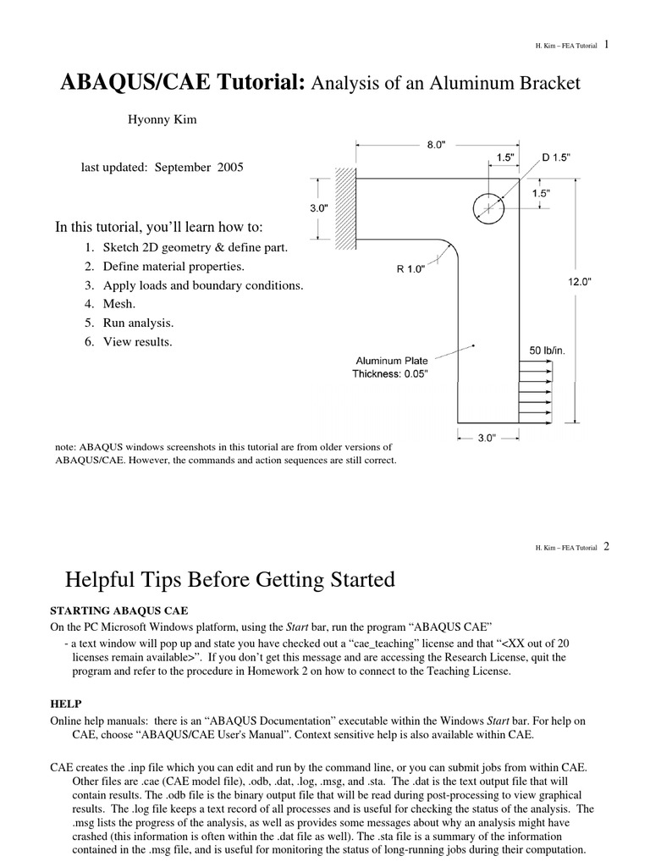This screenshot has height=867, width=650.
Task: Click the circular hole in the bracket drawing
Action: coord(489,206)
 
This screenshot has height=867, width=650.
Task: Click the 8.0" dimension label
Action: coord(436,145)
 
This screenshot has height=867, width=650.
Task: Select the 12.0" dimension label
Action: coord(579,282)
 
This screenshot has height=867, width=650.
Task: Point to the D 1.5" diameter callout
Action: coord(556,157)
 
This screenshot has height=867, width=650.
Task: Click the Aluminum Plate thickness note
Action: coord(392,367)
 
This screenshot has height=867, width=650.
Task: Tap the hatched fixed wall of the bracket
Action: coord(345,208)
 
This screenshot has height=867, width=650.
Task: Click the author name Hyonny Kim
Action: coord(162,119)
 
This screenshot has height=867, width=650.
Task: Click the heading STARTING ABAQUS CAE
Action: coord(119,610)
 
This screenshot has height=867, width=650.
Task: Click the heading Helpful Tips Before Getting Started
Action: coord(230,580)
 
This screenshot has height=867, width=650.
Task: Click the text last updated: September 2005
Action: coord(162,168)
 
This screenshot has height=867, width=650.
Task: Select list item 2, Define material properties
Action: coord(164,267)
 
